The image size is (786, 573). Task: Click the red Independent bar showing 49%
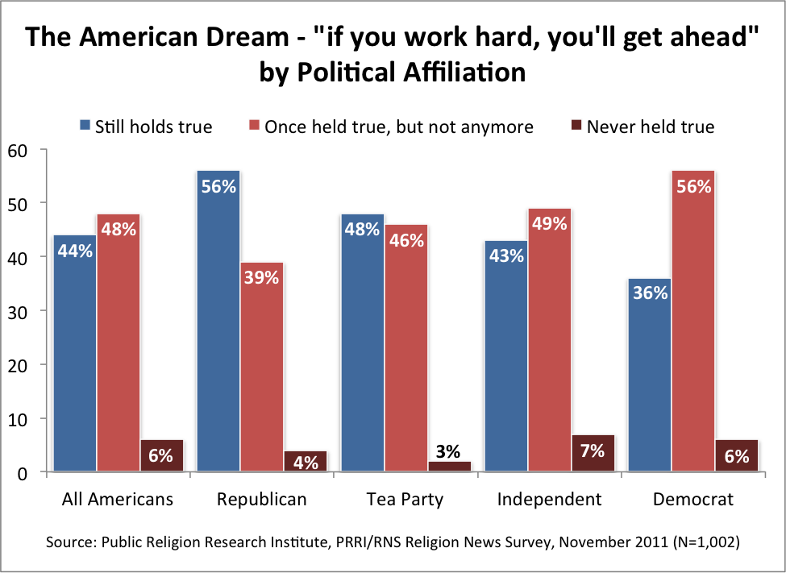(549, 339)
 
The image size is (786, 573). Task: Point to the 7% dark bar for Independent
(593, 453)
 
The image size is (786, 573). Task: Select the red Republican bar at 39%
(262, 367)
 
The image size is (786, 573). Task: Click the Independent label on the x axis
(549, 500)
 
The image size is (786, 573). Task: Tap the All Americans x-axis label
(118, 500)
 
